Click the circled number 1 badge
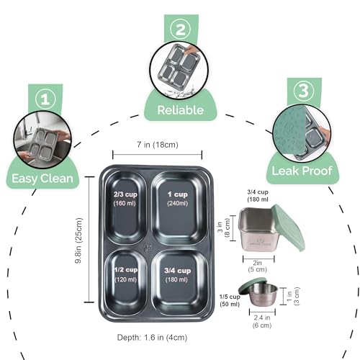[x=45, y=99]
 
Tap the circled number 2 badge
[x=181, y=30]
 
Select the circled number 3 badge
[x=304, y=91]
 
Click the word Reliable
[x=181, y=110]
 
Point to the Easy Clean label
[x=42, y=179]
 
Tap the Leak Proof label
[x=302, y=171]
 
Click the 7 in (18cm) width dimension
[x=158, y=145]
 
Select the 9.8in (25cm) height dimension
[x=78, y=240]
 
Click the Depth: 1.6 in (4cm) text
[x=152, y=338]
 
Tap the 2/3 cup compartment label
[x=125, y=194]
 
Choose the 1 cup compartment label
[x=178, y=194]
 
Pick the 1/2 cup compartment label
[x=126, y=270]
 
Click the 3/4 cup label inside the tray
[x=178, y=271]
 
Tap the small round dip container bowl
[x=263, y=295]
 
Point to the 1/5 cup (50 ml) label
[x=230, y=300]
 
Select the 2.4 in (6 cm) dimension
[x=262, y=321]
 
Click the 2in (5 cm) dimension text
[x=257, y=266]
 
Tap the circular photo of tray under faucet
[x=42, y=140]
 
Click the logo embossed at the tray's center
[x=148, y=248]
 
